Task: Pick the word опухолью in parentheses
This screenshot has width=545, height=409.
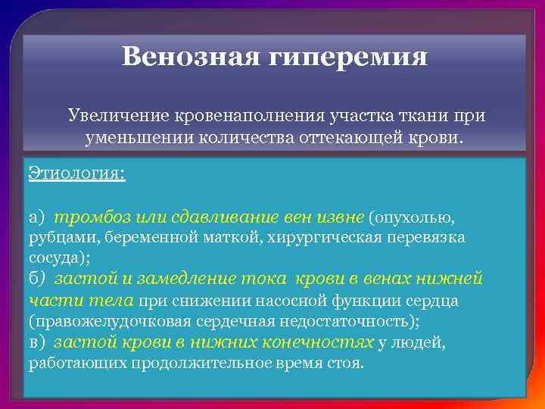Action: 413,218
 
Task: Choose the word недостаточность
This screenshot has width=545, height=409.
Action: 349,321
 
